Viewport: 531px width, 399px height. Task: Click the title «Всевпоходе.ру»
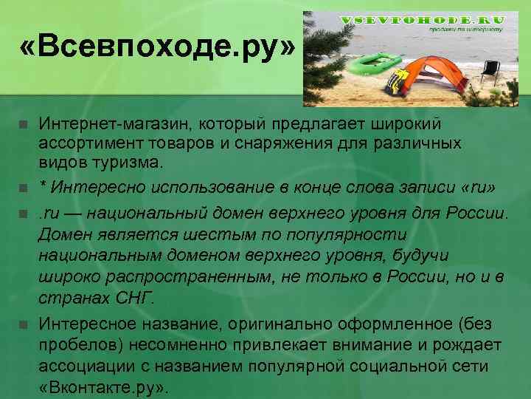[x=158, y=49]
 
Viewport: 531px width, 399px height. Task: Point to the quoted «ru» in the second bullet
[x=477, y=185]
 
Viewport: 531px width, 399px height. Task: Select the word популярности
[x=350, y=234]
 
